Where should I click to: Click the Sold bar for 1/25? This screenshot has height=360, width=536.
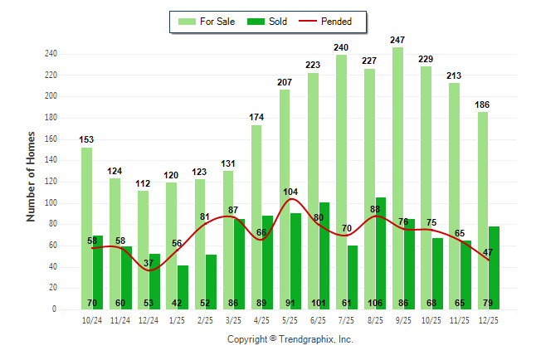(x=183, y=287)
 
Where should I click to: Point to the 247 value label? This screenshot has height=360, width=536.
(x=398, y=40)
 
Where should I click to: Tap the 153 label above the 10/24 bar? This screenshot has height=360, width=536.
(x=86, y=139)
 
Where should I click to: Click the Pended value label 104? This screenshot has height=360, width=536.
(x=290, y=191)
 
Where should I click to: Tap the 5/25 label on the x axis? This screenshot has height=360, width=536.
(x=290, y=319)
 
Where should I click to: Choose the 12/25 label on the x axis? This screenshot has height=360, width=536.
(x=489, y=319)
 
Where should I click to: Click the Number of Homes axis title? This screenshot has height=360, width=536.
(x=31, y=176)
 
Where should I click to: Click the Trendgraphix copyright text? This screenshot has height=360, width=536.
(x=290, y=339)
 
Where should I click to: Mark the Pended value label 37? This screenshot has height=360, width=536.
(x=149, y=264)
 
